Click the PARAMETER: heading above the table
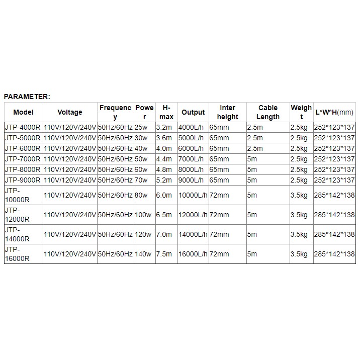coord(27,97)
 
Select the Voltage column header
coord(70,112)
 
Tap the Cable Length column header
coord(267,112)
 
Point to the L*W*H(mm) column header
coord(334,112)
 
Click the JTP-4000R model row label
coord(23,128)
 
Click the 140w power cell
coord(143,254)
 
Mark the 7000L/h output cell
coord(191,159)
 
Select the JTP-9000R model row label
coord(23,179)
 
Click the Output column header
coord(193,112)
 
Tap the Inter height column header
coord(227,112)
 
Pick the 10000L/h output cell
coord(193,195)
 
